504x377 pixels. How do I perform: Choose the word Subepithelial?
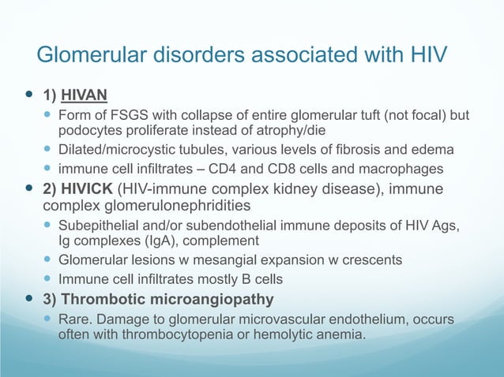click(x=96, y=226)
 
